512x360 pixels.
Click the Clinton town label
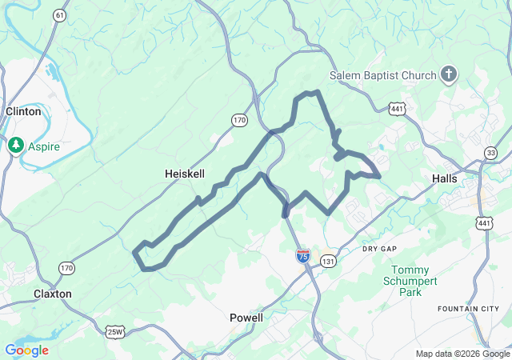tap(23, 112)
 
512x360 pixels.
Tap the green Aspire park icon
tap(15, 146)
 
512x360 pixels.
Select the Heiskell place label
tap(183, 174)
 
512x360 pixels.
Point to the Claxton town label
tap(53, 294)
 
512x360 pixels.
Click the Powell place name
tap(246, 318)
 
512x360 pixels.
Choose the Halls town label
tap(445, 178)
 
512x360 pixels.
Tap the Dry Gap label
tap(379, 250)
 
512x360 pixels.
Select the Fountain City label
tap(463, 309)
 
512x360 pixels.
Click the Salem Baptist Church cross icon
tap(449, 75)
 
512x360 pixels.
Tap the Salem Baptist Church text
tap(386, 75)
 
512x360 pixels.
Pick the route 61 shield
tap(61, 15)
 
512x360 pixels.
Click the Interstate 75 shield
tap(302, 256)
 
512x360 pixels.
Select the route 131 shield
tap(328, 261)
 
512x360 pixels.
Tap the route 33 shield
tap(490, 153)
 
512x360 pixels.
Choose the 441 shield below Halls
tap(483, 222)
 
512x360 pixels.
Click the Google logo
tap(26, 350)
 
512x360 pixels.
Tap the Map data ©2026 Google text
tap(462, 354)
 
